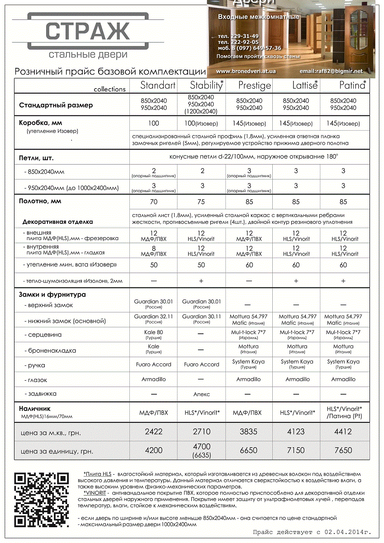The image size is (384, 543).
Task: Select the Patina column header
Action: tap(352, 85)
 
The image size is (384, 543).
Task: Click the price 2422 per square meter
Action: tap(153, 432)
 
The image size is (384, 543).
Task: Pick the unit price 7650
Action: tap(343, 450)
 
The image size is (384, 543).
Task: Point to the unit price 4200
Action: tap(153, 450)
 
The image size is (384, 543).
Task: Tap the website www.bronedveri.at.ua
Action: tap(246, 71)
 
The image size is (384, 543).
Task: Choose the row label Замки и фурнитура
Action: tap(52, 295)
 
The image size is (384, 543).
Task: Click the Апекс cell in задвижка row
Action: tap(201, 394)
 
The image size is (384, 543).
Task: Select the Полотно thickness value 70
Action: tap(153, 202)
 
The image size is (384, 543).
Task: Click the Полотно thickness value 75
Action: tap(201, 202)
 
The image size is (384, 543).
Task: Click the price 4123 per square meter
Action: tap(296, 432)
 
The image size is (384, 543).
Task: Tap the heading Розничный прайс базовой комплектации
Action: tap(110, 71)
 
